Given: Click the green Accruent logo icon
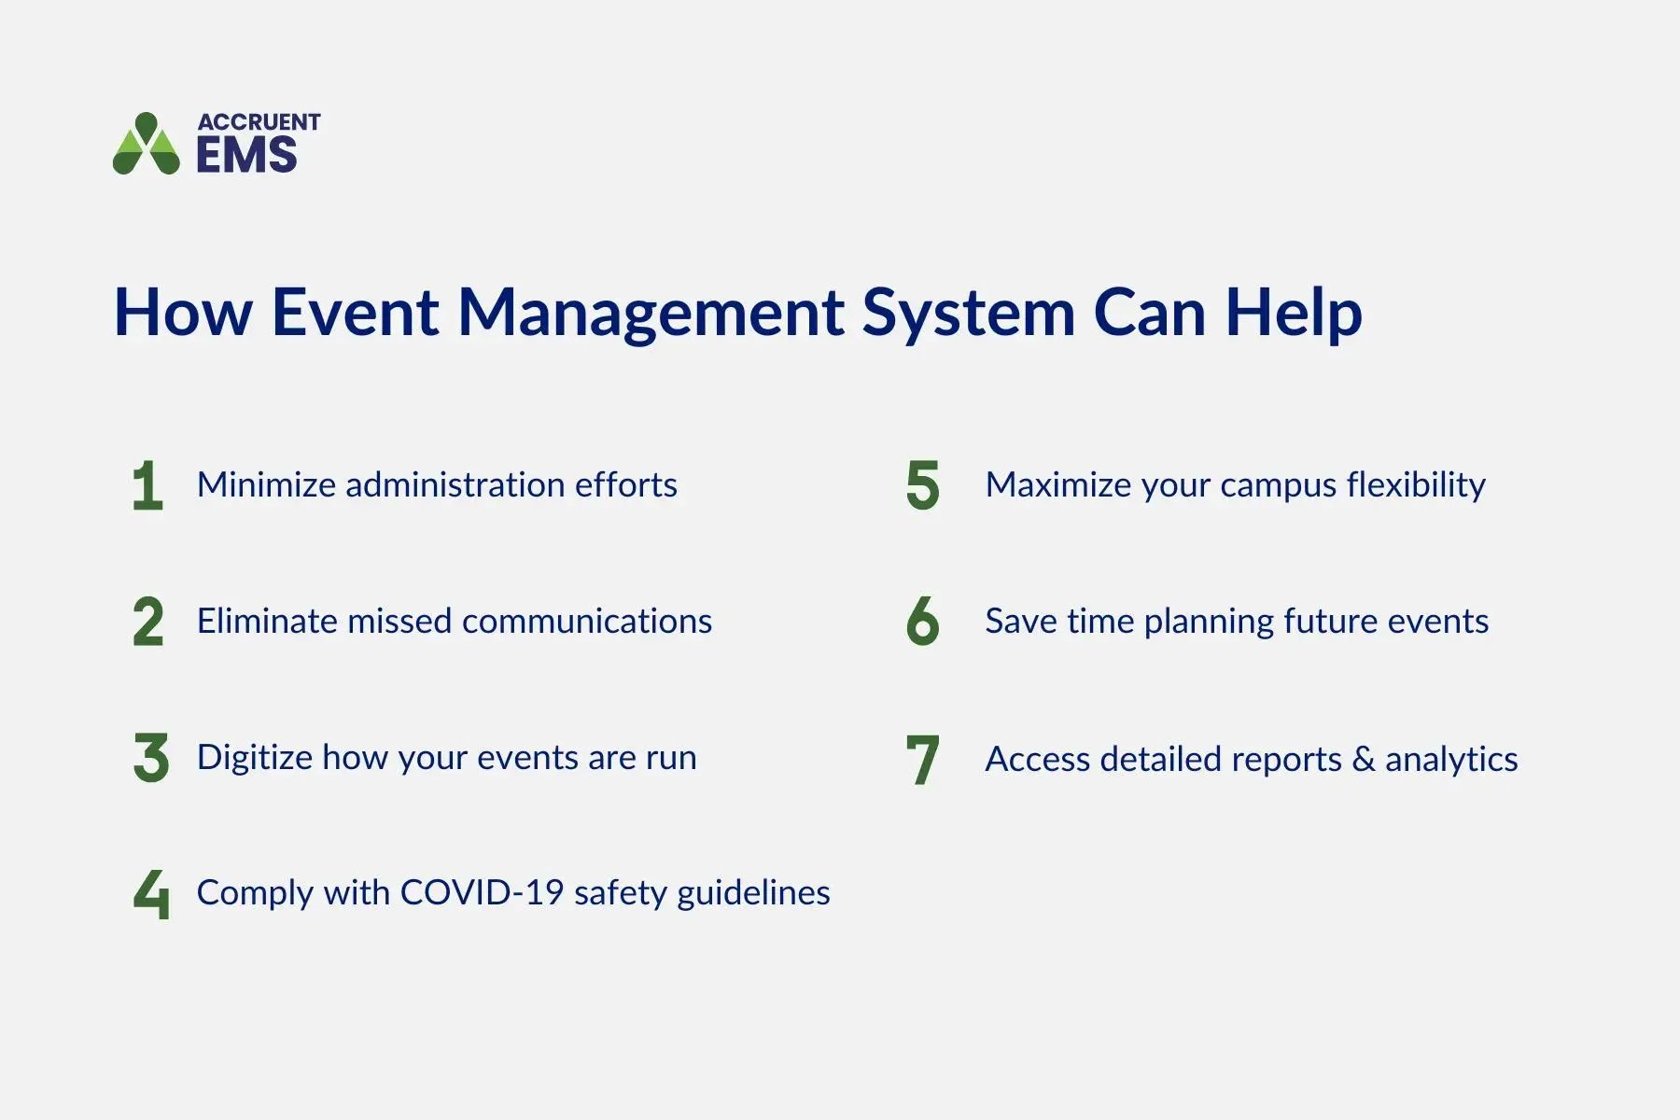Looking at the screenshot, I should (x=147, y=145).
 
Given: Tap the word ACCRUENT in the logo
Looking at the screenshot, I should (x=259, y=122).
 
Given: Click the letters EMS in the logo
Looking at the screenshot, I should (x=246, y=155).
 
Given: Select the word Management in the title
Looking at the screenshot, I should (x=651, y=313).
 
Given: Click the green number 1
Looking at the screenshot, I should (x=147, y=485).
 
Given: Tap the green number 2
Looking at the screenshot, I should (x=147, y=622).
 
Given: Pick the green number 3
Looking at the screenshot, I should (x=150, y=758).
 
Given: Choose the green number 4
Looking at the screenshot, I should (x=151, y=893).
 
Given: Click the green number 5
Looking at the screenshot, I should (x=922, y=485).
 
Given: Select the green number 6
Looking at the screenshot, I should (x=922, y=622).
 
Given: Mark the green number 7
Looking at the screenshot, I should (x=922, y=760).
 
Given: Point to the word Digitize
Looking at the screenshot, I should (x=254, y=758).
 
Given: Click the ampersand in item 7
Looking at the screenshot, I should (x=1363, y=759).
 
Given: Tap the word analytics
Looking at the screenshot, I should (x=1451, y=760).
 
